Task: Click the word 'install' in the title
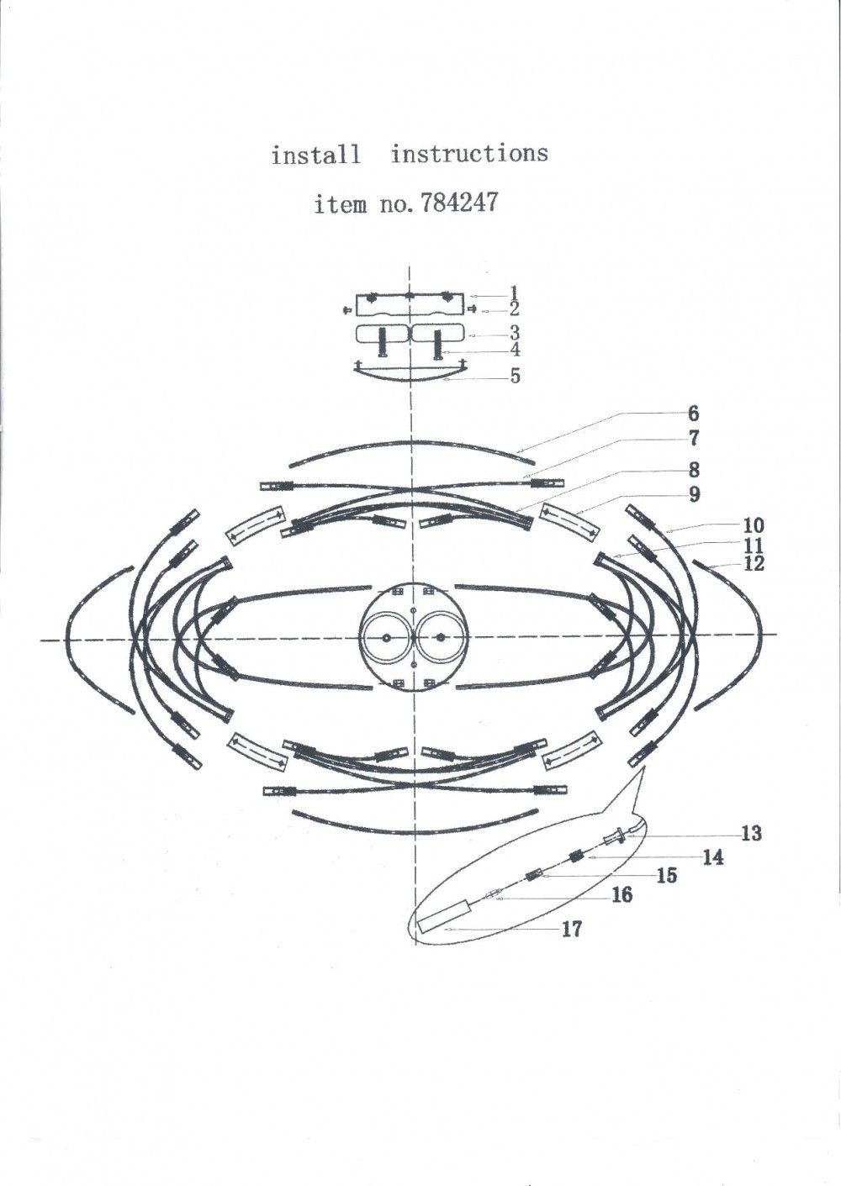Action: point(316,155)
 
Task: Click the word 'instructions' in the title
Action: point(470,153)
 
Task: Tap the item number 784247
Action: point(458,203)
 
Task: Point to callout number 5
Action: point(515,376)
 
